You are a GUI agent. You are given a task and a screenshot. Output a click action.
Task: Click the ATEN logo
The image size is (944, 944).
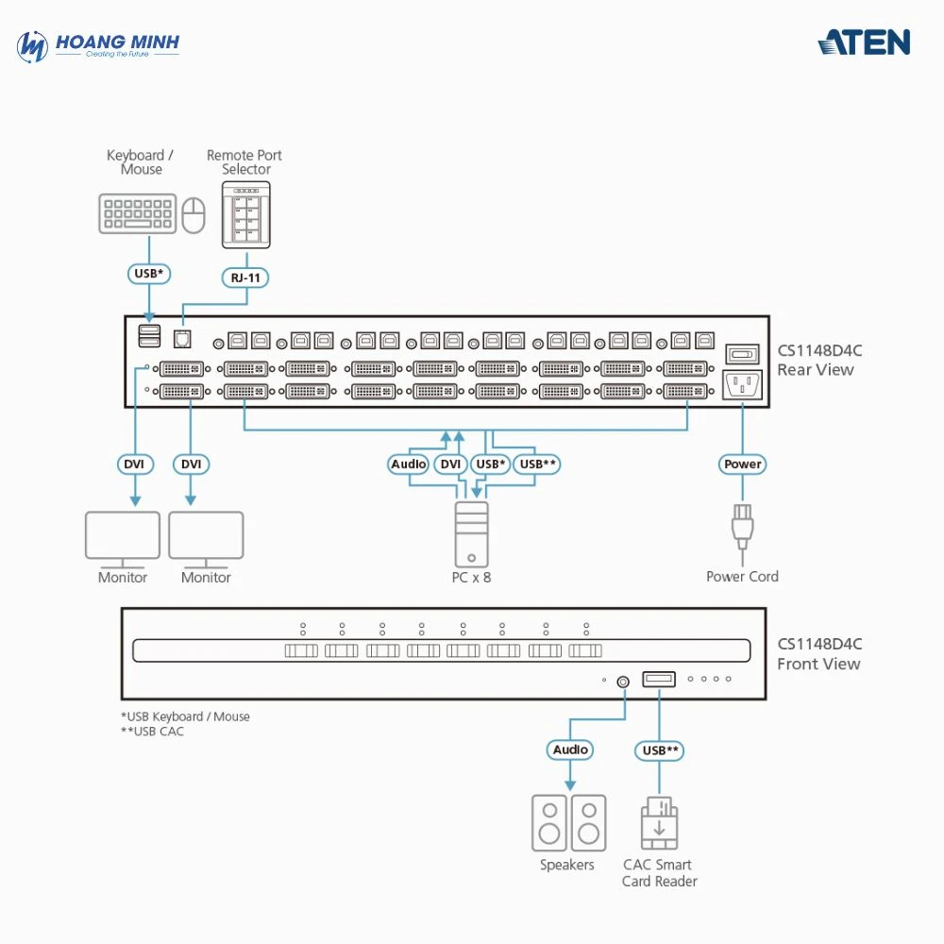pos(864,42)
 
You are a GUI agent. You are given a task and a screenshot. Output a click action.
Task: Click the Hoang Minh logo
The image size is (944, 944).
pos(98,45)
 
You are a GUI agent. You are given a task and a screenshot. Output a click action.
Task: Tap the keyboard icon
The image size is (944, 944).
pos(137,213)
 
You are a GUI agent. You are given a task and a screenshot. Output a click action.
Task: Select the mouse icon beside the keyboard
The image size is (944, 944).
pos(194,214)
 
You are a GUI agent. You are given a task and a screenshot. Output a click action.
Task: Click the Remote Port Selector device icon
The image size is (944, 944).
pos(245,214)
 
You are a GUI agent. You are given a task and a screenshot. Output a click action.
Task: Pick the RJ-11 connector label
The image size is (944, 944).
pos(245,278)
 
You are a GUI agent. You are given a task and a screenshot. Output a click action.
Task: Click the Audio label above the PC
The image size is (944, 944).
pos(409,464)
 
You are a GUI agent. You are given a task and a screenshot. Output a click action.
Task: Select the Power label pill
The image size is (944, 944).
pos(743,464)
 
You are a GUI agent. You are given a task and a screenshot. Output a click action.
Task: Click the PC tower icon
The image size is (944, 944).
pos(471,532)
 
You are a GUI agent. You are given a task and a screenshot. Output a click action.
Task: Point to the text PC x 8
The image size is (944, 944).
pos(471,577)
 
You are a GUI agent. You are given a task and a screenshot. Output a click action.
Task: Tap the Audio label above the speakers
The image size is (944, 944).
pos(570,750)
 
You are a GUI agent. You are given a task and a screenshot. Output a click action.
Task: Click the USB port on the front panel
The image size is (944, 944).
pos(659,679)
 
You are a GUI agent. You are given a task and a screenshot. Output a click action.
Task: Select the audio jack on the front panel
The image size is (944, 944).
pos(622,680)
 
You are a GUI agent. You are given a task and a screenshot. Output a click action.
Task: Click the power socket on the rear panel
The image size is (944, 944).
pos(742,385)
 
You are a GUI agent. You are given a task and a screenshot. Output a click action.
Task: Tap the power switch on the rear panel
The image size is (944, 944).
pos(742,354)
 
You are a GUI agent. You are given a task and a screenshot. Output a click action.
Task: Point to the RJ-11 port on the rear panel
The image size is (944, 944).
pos(182,339)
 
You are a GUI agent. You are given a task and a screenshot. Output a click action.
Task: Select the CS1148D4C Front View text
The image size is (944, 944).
pos(818,653)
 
